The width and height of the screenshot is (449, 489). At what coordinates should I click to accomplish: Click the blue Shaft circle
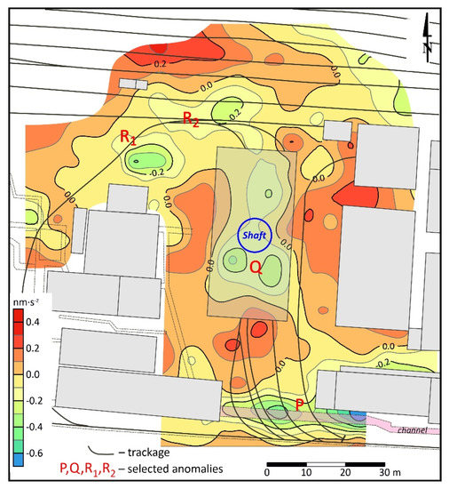pos(256,236)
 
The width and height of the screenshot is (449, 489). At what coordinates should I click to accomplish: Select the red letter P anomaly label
pos(301,405)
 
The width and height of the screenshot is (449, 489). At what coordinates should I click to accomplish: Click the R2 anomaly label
pos(191,118)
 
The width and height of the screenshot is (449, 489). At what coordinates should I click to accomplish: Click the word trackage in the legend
pos(143,451)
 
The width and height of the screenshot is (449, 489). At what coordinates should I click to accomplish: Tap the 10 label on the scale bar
pos(304,471)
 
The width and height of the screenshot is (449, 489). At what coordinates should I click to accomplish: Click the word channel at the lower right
pos(414,430)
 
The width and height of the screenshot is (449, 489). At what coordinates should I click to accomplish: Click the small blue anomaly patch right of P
pos(358,415)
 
